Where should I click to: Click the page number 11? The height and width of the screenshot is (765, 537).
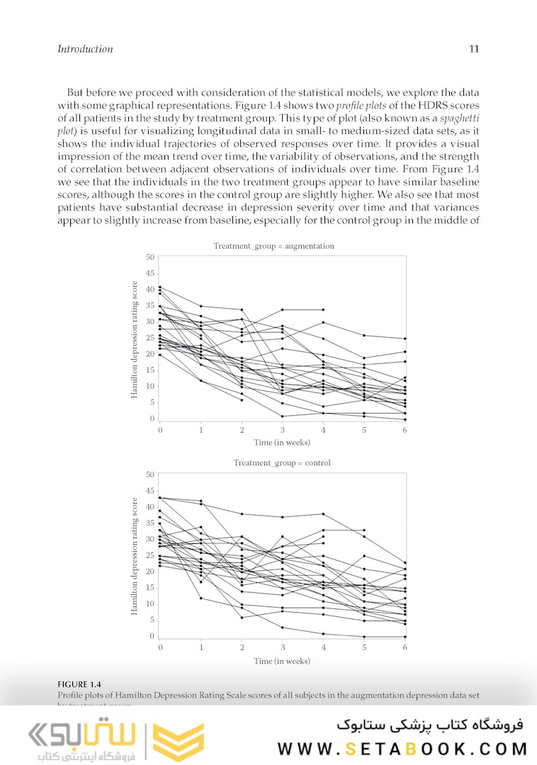474,49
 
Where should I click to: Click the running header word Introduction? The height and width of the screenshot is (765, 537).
85,49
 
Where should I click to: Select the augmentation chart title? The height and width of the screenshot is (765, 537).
273,246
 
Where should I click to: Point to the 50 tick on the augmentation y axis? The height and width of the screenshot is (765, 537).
150,256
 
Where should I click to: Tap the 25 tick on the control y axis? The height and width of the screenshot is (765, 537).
150,555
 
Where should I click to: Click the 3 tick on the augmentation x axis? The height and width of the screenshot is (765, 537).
283,430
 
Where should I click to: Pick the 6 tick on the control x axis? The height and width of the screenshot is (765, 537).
405,647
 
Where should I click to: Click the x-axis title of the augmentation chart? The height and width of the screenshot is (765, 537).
282,443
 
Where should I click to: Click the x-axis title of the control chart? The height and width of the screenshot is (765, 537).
282,661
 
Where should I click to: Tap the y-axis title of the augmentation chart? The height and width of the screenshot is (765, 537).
134,339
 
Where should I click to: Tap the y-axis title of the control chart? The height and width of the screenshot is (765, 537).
134,556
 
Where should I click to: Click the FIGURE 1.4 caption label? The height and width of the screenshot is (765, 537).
79,684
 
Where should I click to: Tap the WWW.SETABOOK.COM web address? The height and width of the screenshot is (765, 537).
402,749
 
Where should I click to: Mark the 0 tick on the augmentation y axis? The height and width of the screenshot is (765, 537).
152,419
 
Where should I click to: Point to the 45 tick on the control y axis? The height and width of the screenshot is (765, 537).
150,490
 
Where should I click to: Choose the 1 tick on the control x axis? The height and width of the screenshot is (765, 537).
201,647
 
